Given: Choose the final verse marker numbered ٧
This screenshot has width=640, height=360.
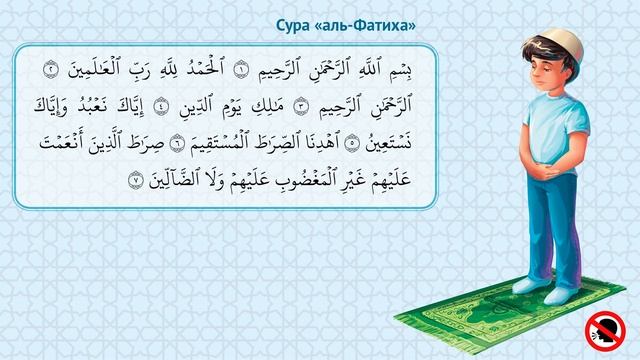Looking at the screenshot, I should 136,181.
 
